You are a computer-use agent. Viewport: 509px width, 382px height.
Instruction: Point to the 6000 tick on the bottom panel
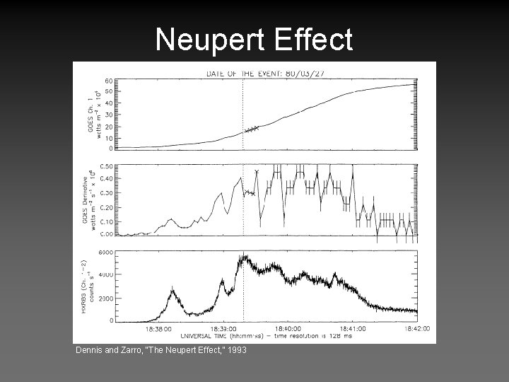pos(106,253)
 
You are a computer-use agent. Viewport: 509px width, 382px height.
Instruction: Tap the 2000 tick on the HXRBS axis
pos(106,298)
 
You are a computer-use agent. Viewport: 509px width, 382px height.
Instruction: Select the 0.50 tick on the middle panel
pos(107,166)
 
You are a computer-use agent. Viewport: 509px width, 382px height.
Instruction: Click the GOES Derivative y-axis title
pos(90,201)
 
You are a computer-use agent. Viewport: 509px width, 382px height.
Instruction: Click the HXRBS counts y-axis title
pos(88,286)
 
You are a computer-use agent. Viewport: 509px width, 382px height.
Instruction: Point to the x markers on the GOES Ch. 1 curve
pos(252,129)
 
